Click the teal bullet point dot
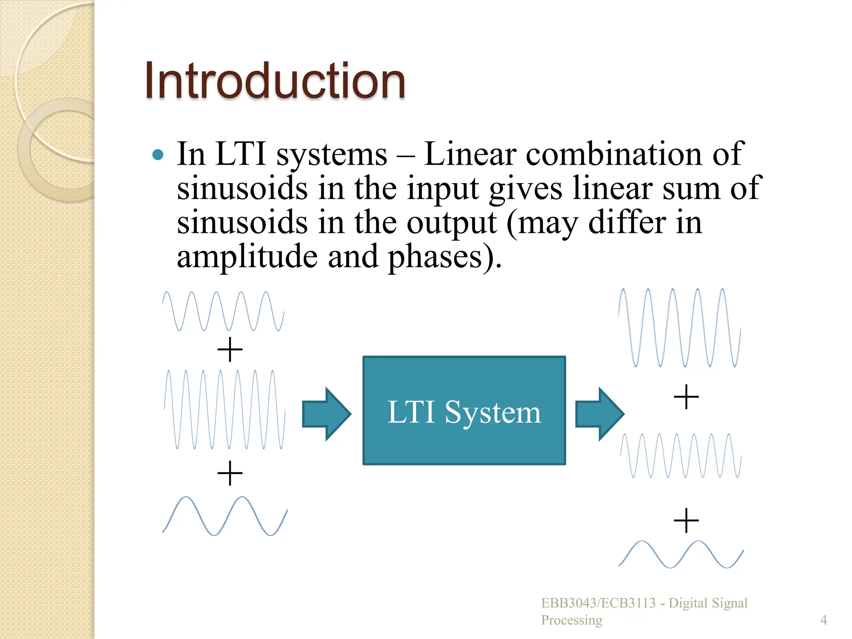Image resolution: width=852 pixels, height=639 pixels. [x=158, y=155]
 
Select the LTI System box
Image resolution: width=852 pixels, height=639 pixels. [x=464, y=411]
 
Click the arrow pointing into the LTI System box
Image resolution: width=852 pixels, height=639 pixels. [x=327, y=414]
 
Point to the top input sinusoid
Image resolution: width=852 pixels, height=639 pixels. [x=223, y=311]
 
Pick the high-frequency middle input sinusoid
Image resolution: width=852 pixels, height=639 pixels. [x=225, y=409]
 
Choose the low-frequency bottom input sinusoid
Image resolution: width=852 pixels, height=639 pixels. [x=225, y=516]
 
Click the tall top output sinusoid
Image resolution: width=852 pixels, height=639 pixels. [x=679, y=328]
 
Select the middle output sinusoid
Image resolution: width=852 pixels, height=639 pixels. [x=681, y=455]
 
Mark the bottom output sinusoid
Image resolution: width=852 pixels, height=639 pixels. [x=681, y=555]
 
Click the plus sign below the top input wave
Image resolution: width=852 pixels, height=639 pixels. [x=230, y=349]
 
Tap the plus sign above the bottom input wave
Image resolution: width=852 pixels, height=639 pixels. [x=230, y=473]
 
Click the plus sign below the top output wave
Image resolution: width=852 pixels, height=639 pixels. [x=686, y=397]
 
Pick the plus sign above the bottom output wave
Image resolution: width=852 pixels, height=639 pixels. [x=686, y=520]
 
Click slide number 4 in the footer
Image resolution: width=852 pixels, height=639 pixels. [x=823, y=620]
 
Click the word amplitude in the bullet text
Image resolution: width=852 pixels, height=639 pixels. [x=247, y=257]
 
